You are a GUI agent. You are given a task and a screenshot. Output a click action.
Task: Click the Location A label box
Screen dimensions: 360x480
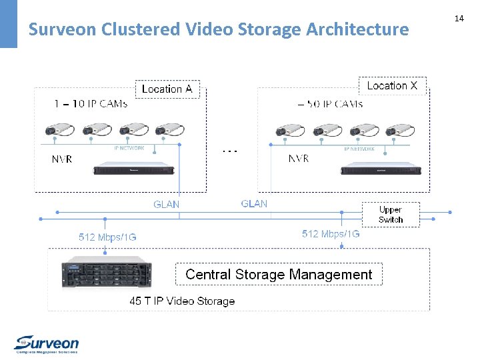pyautogui.click(x=167, y=89)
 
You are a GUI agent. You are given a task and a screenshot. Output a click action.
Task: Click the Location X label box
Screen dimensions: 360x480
pyautogui.click(x=392, y=85)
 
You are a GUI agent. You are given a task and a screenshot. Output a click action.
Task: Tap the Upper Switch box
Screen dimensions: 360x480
pyautogui.click(x=391, y=214)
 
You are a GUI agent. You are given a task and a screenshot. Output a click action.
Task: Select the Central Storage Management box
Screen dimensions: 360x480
pyautogui.click(x=279, y=274)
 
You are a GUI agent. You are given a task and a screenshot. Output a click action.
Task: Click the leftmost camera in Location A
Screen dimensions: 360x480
pyautogui.click(x=58, y=131)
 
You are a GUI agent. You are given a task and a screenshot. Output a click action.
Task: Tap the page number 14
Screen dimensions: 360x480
pyautogui.click(x=459, y=19)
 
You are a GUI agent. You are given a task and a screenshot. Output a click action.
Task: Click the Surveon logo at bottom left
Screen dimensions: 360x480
pyautogui.click(x=47, y=343)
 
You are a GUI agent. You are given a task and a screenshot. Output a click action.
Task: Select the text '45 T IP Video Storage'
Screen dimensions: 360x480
pyautogui.click(x=182, y=301)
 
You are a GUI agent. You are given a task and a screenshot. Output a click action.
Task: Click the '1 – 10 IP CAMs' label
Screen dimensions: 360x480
pyautogui.click(x=91, y=103)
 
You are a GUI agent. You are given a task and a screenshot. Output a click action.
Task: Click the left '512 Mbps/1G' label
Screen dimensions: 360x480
pyautogui.click(x=107, y=237)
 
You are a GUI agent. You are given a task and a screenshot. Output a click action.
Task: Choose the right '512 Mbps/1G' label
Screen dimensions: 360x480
pyautogui.click(x=331, y=233)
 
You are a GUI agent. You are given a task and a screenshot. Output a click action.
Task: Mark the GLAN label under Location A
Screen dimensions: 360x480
pyautogui.click(x=166, y=204)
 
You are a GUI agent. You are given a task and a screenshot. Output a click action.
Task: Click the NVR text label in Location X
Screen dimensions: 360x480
pyautogui.click(x=298, y=159)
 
